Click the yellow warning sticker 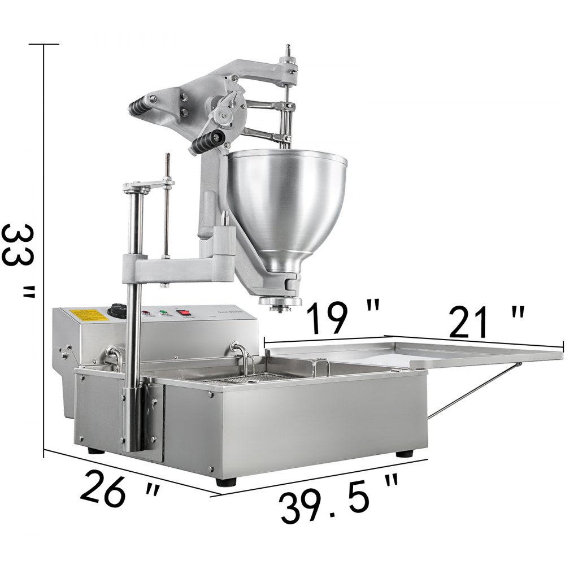[x=85, y=316]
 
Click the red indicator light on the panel [x=146, y=311]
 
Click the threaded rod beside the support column [x=167, y=203]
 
